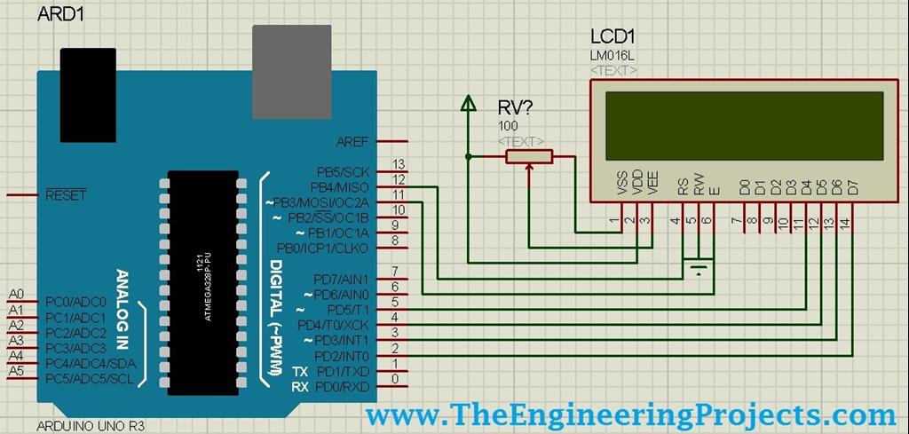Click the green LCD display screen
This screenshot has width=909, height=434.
pyautogui.click(x=744, y=126)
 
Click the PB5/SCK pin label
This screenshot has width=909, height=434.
pyautogui.click(x=342, y=171)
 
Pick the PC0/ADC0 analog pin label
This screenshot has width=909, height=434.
pyautogui.click(x=75, y=302)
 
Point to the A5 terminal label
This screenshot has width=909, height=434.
pyautogui.click(x=16, y=370)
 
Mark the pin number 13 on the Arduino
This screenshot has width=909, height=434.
pyautogui.click(x=399, y=164)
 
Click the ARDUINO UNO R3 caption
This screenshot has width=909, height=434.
pyautogui.click(x=91, y=426)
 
